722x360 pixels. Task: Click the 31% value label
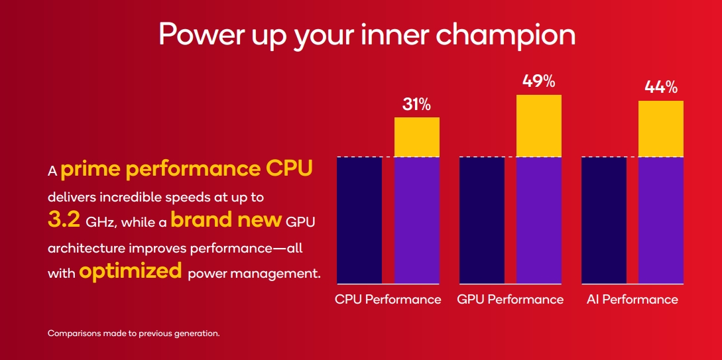pos(416,104)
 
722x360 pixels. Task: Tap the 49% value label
pos(538,82)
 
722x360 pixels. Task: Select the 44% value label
pos(660,88)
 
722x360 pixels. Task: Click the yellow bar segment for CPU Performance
pos(416,137)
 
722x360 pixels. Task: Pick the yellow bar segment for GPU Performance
pos(538,126)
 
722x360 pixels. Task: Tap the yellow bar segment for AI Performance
pos(660,129)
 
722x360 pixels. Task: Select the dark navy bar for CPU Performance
pos(359,220)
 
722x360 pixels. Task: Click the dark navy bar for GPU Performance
pos(481,220)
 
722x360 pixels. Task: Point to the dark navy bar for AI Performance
pos(603,220)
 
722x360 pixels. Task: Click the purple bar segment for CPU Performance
pos(416,220)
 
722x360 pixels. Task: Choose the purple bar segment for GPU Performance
pos(538,220)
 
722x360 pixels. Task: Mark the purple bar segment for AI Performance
pos(660,220)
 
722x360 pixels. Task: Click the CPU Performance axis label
pos(388,300)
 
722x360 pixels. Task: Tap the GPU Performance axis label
pos(510,300)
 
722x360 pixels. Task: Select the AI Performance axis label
pos(632,300)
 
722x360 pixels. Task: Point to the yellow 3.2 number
pos(64,220)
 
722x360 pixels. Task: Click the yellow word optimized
pos(130,270)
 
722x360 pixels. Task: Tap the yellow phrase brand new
pos(226,219)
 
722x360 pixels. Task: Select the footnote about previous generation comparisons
pos(133,333)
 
